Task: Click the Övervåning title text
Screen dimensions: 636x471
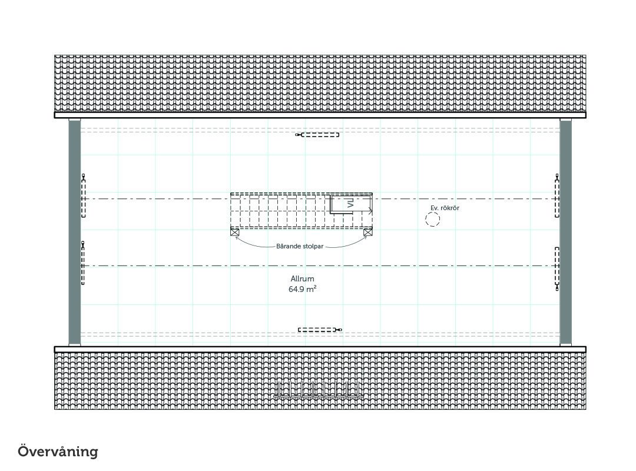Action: [x=58, y=451]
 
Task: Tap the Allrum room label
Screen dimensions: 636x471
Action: [x=302, y=278]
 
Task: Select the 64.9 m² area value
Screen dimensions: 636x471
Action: [x=302, y=289]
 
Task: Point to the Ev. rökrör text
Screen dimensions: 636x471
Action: [x=445, y=208]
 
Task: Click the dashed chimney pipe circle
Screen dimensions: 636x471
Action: [x=433, y=220]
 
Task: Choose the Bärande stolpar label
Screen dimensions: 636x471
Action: [x=300, y=246]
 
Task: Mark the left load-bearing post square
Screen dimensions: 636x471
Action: [x=234, y=232]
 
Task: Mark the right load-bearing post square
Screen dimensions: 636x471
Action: [x=368, y=232]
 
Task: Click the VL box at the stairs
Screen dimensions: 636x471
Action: [x=351, y=204]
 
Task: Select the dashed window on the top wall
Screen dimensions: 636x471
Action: [x=317, y=135]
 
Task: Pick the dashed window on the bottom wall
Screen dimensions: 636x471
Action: [x=320, y=330]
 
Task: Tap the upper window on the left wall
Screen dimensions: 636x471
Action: [x=84, y=196]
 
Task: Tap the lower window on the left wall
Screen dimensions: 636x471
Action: [x=83, y=263]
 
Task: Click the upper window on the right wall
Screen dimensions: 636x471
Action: [x=557, y=196]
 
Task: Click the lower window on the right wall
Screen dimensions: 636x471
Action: [x=557, y=268]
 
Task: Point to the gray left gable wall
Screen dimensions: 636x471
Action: [x=74, y=232]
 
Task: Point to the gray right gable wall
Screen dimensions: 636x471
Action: [x=566, y=232]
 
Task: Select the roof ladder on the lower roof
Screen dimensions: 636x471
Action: [x=318, y=389]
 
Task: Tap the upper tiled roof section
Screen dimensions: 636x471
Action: [x=320, y=84]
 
